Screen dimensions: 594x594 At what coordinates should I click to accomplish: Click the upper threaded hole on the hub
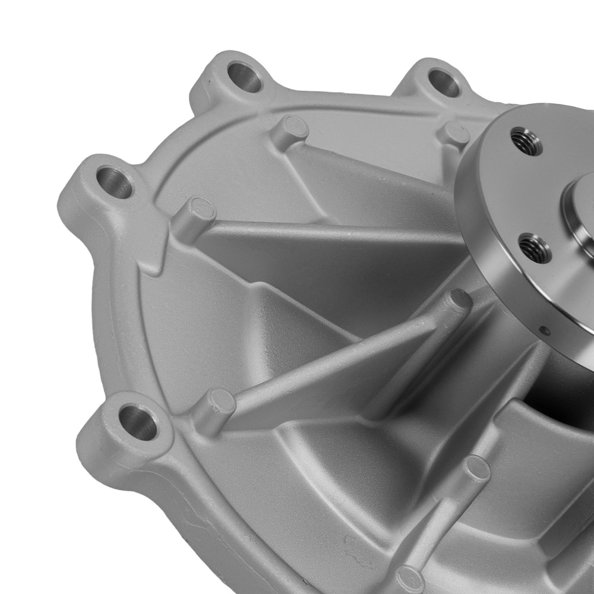526,141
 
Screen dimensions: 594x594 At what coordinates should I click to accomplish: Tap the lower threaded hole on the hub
534,248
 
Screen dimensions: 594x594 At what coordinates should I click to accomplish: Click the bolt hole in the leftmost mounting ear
114,182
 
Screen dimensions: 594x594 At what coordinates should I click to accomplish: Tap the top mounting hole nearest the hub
444,83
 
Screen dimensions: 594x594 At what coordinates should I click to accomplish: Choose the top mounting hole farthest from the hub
244,77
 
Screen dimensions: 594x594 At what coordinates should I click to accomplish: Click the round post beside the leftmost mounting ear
198,212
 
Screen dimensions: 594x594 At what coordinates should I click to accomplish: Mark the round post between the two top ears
293,127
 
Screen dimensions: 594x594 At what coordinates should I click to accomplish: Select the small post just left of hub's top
456,134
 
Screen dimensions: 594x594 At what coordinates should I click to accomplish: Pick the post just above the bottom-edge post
476,469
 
